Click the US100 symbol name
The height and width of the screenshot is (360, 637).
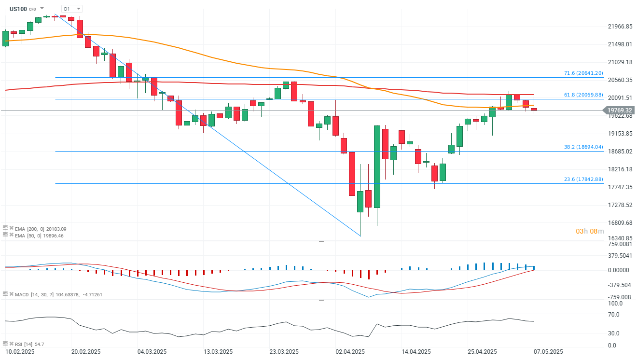pyautogui.click(x=18, y=9)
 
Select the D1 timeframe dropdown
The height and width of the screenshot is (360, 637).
pyautogui.click(x=71, y=9)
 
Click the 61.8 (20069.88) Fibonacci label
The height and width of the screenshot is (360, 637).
pyautogui.click(x=583, y=95)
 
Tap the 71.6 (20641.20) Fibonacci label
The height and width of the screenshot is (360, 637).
pyautogui.click(x=583, y=73)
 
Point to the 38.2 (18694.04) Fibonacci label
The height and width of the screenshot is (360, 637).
pyautogui.click(x=583, y=147)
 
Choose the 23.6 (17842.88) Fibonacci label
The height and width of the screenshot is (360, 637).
pyautogui.click(x=583, y=179)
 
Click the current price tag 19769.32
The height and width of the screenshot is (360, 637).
pyautogui.click(x=620, y=111)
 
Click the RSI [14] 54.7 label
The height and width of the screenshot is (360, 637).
pyautogui.click(x=29, y=344)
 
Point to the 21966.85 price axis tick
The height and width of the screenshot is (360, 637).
pyautogui.click(x=619, y=27)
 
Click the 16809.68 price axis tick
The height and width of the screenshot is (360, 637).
pyautogui.click(x=619, y=222)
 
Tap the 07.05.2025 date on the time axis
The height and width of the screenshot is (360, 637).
pyautogui.click(x=548, y=351)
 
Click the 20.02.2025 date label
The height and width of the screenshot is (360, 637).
pyautogui.click(x=85, y=351)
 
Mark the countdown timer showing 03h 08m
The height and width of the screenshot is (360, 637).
pyautogui.click(x=589, y=231)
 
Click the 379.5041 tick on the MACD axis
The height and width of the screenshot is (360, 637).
pyautogui.click(x=619, y=256)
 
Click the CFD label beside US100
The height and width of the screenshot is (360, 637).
pyautogui.click(x=32, y=9)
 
